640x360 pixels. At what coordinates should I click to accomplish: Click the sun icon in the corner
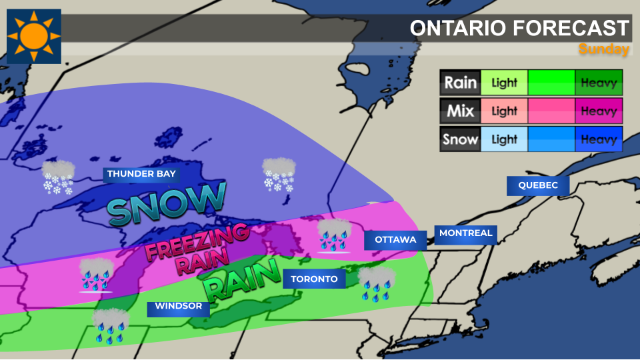(x=34, y=36)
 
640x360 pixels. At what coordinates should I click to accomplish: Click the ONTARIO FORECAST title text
(x=519, y=28)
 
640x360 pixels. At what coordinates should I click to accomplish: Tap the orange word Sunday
(x=603, y=49)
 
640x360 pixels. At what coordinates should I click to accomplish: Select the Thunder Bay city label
(x=141, y=174)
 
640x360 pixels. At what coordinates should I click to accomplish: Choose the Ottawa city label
(x=395, y=239)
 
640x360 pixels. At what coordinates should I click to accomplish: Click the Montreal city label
(x=465, y=233)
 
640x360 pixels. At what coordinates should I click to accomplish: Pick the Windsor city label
(x=178, y=307)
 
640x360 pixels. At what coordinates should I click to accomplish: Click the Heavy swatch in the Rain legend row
(x=599, y=83)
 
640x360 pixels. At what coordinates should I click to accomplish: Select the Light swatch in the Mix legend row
(x=504, y=111)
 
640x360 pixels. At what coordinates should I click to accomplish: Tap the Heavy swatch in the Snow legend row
(x=599, y=139)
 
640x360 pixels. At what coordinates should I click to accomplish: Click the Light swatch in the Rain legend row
(x=504, y=83)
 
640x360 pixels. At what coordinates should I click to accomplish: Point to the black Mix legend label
(x=460, y=111)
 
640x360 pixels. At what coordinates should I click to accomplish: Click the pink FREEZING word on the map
(x=197, y=243)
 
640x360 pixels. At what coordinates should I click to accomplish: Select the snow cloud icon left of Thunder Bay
(x=58, y=177)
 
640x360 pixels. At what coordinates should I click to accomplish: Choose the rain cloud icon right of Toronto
(x=377, y=283)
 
